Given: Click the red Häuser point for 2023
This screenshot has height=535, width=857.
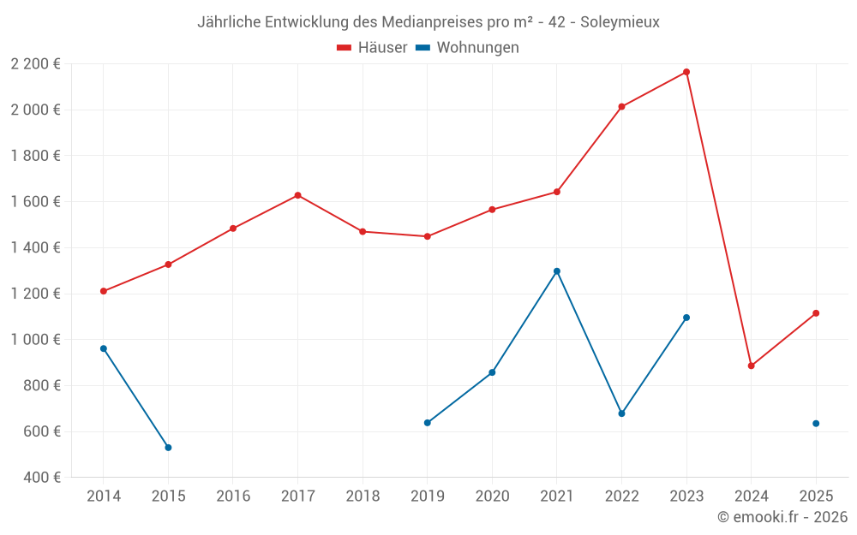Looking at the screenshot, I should (x=686, y=72).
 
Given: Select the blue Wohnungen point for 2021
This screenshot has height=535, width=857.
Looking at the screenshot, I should (x=557, y=271).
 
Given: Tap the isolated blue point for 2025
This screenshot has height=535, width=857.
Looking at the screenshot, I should (x=816, y=424).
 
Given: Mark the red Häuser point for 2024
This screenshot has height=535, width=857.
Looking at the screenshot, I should (x=752, y=366).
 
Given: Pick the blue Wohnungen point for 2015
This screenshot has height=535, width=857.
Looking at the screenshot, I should (x=168, y=448).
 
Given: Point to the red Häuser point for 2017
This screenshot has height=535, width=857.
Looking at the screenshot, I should (x=297, y=195).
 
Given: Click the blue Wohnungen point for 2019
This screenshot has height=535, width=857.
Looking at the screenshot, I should (x=428, y=423).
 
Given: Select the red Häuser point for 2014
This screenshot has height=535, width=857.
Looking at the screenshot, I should (x=104, y=291).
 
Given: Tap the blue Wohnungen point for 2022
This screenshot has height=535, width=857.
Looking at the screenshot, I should (x=622, y=413).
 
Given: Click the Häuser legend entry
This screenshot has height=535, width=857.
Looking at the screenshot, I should (x=372, y=48).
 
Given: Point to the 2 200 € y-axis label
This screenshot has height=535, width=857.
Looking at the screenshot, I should (x=35, y=64).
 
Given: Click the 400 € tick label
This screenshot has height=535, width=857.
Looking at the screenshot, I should (x=41, y=478).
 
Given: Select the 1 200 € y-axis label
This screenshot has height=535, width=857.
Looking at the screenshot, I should (x=35, y=294).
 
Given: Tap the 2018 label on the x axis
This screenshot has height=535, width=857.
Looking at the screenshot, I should (x=363, y=496).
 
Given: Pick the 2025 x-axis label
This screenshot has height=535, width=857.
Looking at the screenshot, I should (x=816, y=496).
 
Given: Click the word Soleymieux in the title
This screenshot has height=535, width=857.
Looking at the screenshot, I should (x=620, y=22).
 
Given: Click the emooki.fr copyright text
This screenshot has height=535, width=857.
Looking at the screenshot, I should (x=782, y=517).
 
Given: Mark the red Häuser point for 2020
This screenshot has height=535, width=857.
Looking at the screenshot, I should (x=492, y=210).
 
